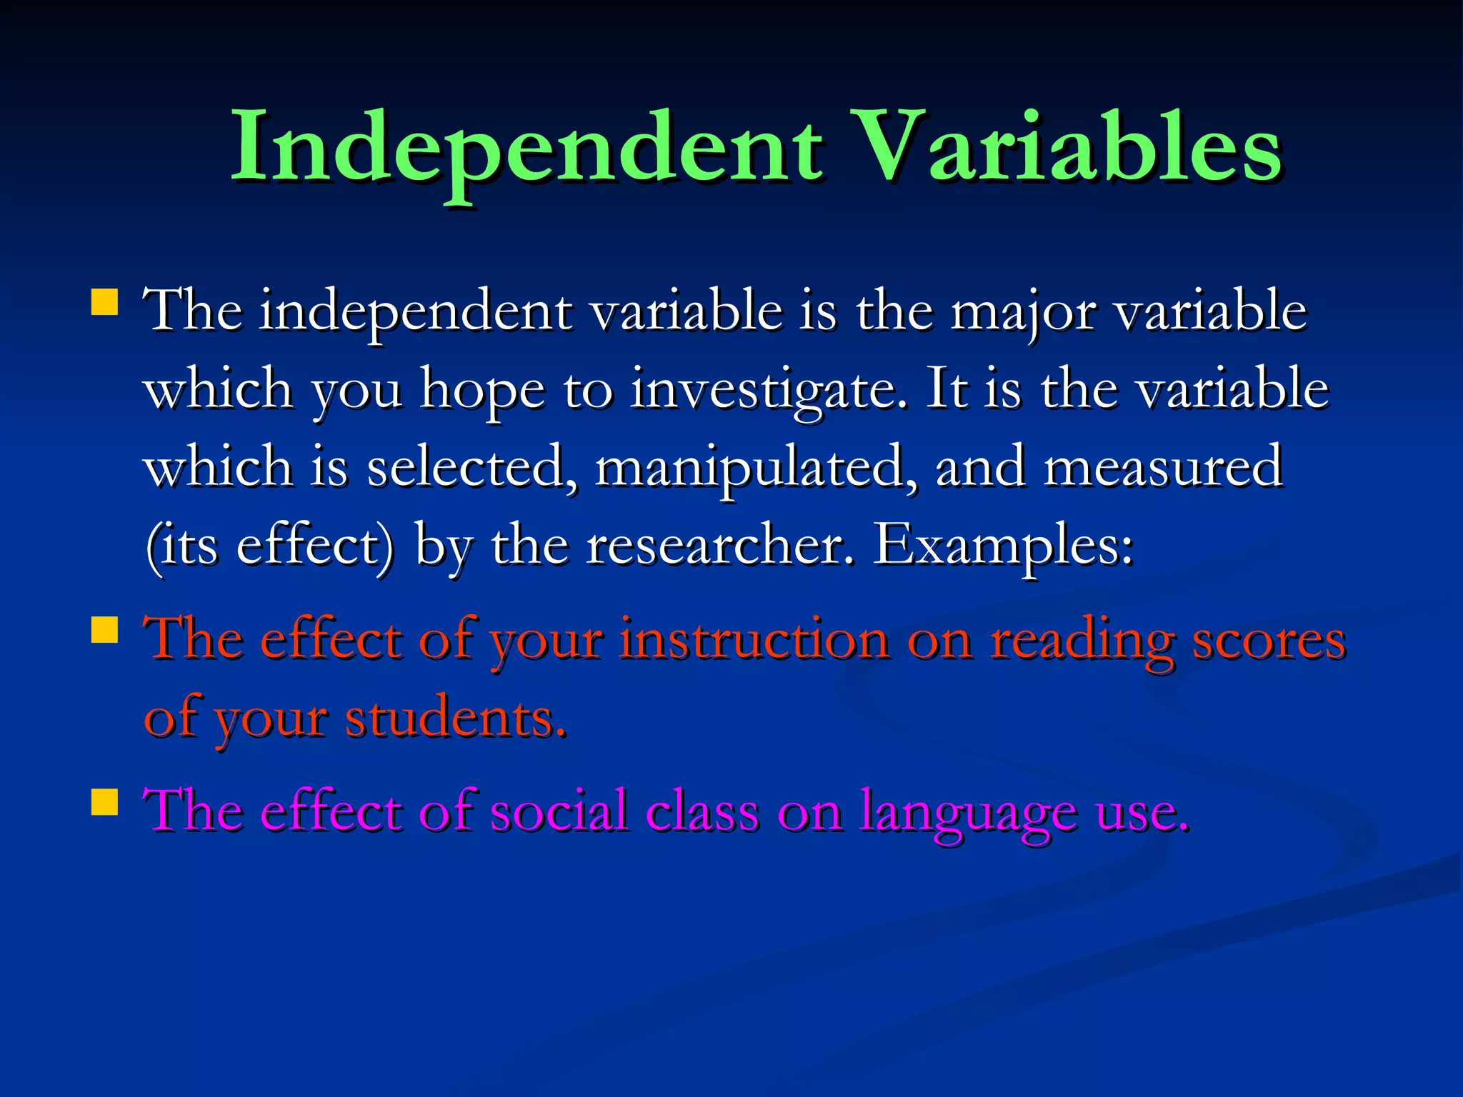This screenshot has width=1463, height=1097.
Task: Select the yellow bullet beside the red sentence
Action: coord(104,631)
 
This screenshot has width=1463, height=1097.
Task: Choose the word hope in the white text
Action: coord(482,391)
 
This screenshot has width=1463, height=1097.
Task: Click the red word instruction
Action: coord(754,639)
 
